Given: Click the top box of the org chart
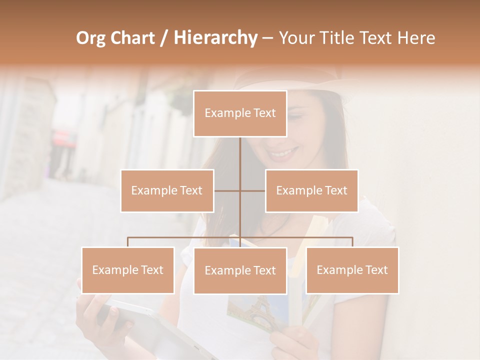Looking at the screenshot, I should click(240, 113).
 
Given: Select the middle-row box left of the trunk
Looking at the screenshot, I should click(167, 190).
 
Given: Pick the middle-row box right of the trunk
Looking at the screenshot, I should click(311, 190).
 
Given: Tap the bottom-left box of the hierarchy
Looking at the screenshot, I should click(128, 270).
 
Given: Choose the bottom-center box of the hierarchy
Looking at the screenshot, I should click(240, 270).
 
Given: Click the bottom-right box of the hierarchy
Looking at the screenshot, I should click(352, 270).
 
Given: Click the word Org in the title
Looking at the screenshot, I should click(90, 38).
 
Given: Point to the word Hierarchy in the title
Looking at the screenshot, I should click(215, 38).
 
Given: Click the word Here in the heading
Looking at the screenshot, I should click(416, 38).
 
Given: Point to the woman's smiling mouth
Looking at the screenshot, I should click(284, 152).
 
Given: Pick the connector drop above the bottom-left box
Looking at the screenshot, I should click(128, 242).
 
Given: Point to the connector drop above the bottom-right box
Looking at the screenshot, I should click(352, 242).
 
